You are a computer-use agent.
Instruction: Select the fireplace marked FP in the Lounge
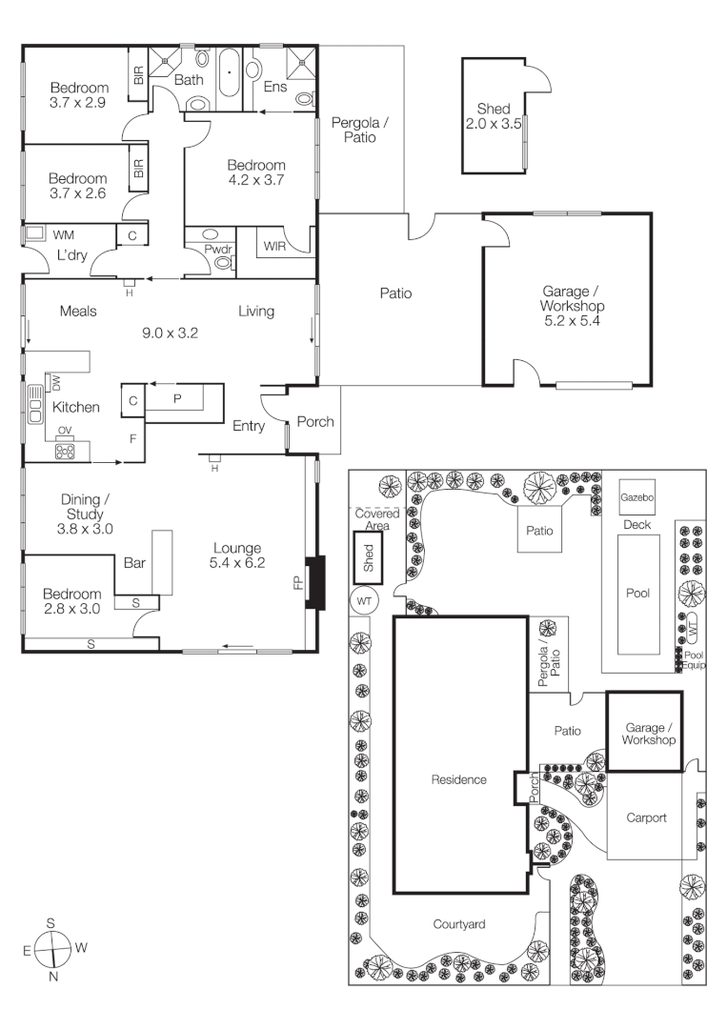(315, 581)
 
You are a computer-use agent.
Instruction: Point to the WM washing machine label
(64, 234)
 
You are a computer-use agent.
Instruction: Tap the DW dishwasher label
(55, 383)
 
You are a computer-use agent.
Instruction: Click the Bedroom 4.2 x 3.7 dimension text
(256, 180)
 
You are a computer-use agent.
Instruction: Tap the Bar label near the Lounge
(134, 563)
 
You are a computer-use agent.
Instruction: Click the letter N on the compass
(53, 977)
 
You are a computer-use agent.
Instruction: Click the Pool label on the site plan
(637, 593)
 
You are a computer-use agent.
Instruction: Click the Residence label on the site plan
(460, 779)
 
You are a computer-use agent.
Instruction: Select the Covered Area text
(370, 519)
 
